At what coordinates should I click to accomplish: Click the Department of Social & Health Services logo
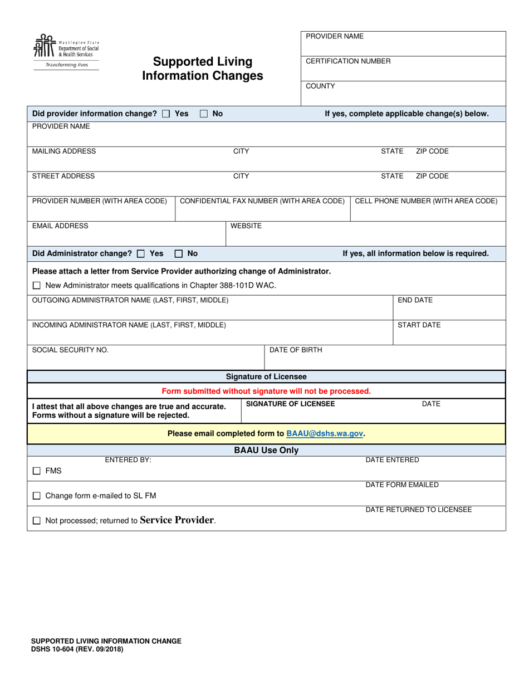click(66, 51)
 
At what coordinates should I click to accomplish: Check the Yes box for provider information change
click(166, 114)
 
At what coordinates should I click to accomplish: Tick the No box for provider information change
click(204, 114)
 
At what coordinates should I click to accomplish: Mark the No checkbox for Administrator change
click(179, 253)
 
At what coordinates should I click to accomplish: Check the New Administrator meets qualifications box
click(37, 286)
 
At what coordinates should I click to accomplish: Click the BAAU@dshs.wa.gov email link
click(325, 433)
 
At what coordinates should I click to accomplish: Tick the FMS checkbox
click(37, 471)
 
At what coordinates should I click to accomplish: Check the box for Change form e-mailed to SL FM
click(37, 496)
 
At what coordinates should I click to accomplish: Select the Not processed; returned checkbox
click(37, 521)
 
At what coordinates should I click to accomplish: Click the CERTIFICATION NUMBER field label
click(348, 61)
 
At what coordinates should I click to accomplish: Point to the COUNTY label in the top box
click(320, 86)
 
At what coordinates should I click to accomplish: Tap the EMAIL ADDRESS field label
click(60, 226)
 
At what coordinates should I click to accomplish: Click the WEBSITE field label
click(246, 226)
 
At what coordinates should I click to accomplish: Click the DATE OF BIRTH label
click(296, 350)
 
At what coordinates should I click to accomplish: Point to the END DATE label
click(415, 300)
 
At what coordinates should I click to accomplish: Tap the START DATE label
click(419, 325)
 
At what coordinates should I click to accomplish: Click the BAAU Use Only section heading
click(266, 450)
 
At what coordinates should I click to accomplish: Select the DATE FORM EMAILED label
click(402, 485)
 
